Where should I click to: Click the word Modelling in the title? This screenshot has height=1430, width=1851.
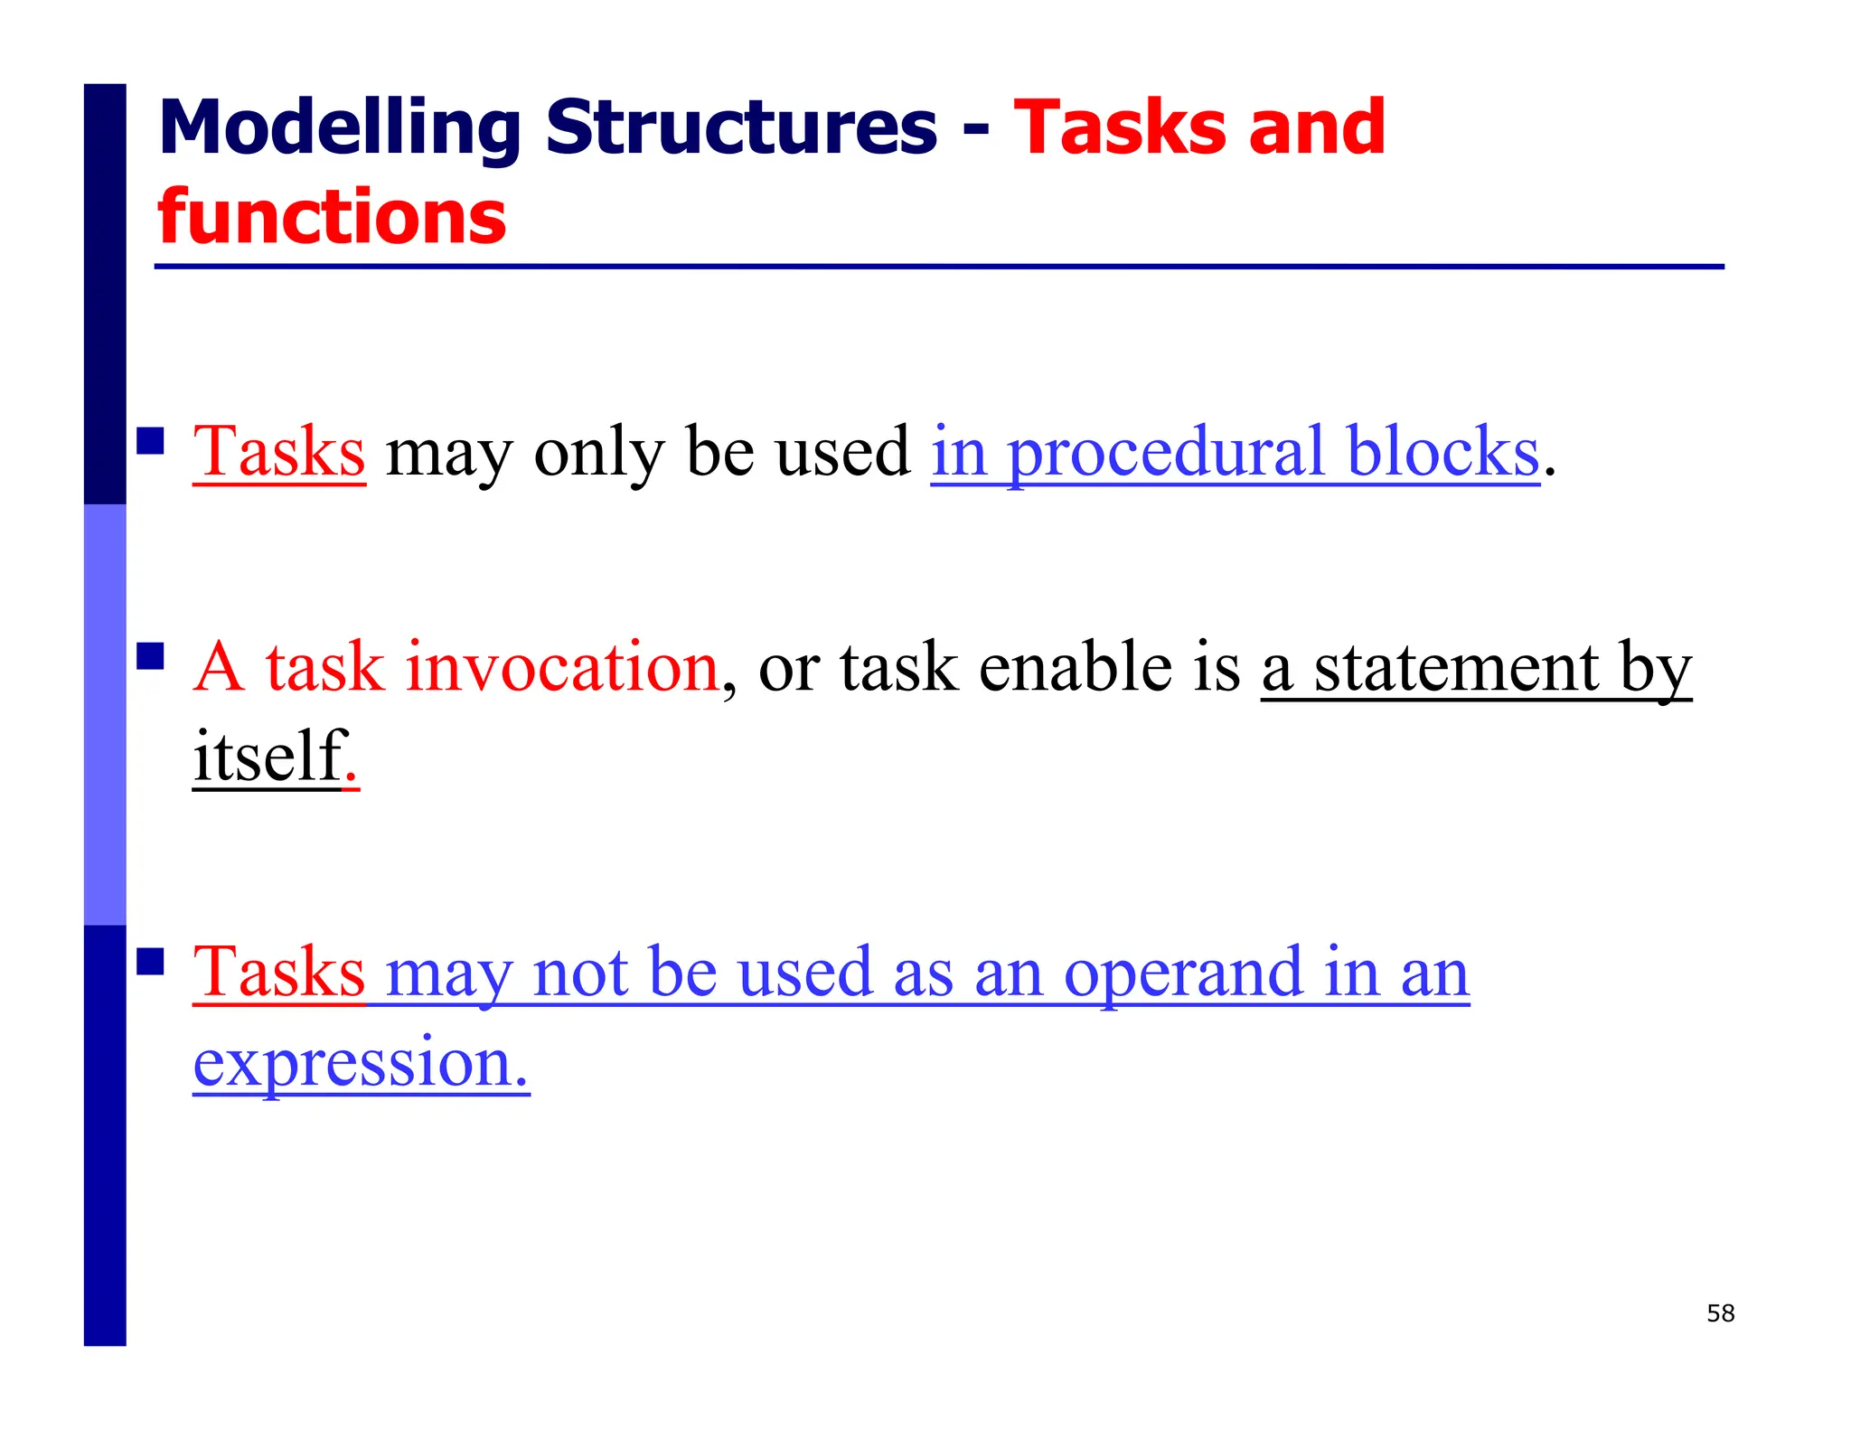coord(339,128)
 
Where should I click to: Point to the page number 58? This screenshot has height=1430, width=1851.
coord(1720,1313)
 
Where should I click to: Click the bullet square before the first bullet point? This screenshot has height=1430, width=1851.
coord(150,441)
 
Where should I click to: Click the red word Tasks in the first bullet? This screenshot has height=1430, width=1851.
coord(278,451)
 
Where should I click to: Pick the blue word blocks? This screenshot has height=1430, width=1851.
coord(1442,451)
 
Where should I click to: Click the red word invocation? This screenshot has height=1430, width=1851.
coord(561,667)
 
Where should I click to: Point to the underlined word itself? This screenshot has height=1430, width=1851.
coord(268,756)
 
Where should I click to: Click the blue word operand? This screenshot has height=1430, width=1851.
coord(1183,973)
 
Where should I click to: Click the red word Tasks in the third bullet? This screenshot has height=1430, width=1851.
coord(278,973)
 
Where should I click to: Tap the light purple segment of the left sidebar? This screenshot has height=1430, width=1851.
coord(105,714)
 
